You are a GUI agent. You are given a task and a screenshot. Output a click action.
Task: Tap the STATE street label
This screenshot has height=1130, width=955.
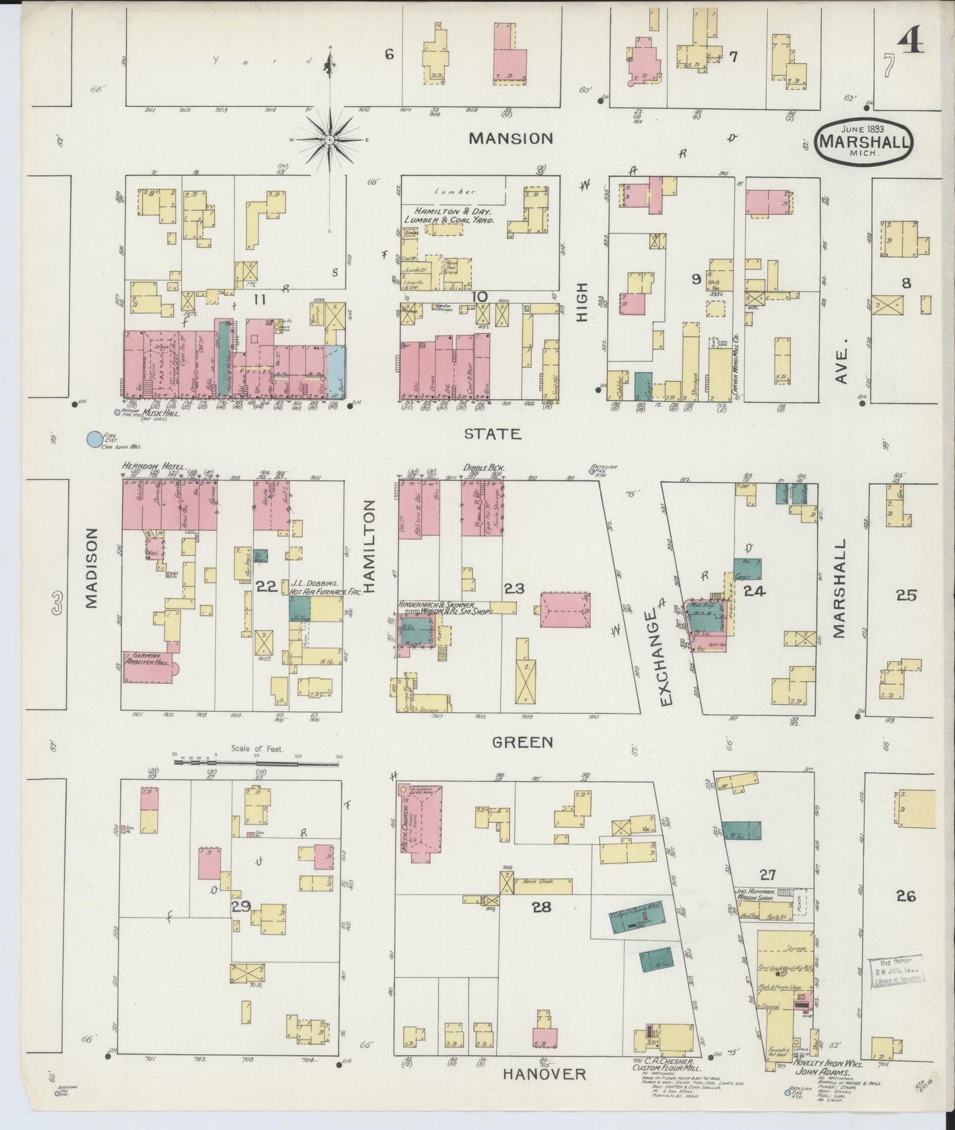[x=492, y=433]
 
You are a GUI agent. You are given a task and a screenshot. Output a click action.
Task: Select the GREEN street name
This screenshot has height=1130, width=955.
[x=523, y=742]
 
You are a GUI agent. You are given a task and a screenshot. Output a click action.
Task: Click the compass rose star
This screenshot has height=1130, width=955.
[x=329, y=141]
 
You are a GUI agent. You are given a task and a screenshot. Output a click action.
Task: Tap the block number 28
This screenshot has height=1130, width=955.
[x=541, y=907]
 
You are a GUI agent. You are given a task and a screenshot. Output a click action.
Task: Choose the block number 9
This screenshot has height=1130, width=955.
[x=696, y=280]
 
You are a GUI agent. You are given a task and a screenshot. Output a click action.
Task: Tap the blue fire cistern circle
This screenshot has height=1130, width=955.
[x=95, y=438]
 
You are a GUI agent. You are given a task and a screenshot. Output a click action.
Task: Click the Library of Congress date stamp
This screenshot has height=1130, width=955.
[x=898, y=974]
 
